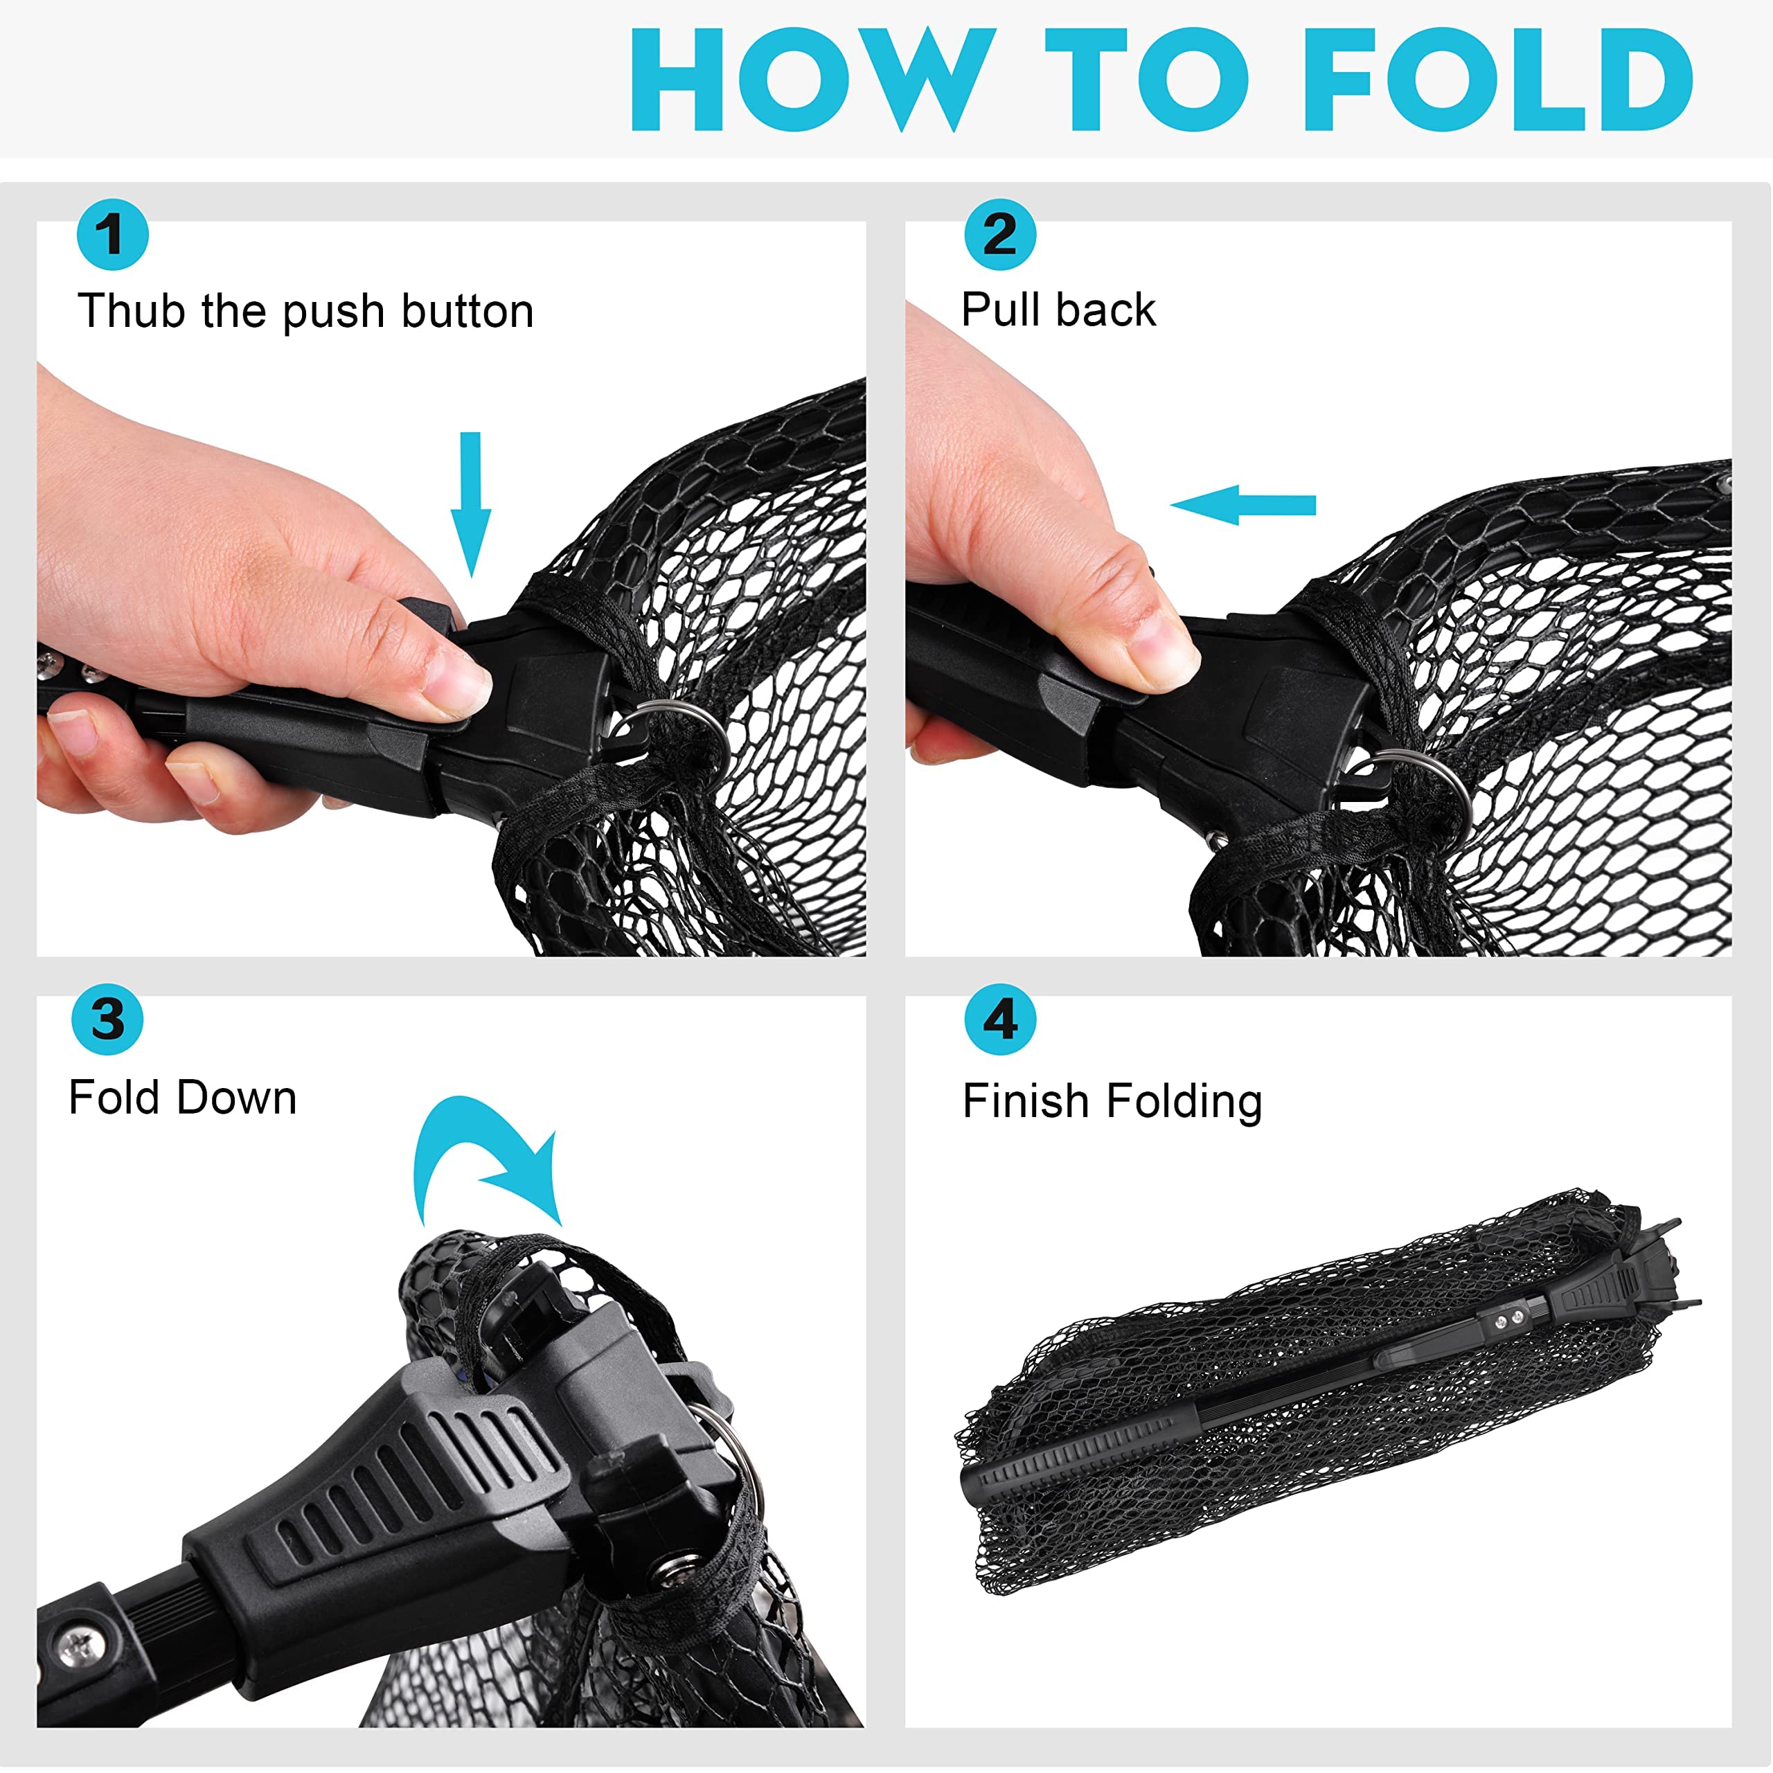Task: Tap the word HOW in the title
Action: pyautogui.click(x=813, y=80)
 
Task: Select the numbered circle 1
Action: pyautogui.click(x=112, y=234)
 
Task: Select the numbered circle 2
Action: pyautogui.click(x=999, y=234)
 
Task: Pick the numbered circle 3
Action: pyautogui.click(x=107, y=1019)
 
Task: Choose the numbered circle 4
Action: pyautogui.click(x=999, y=1019)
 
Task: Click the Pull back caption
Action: pyautogui.click(x=1058, y=310)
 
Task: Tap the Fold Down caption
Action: pyautogui.click(x=183, y=1098)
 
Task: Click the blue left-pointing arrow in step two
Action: pyautogui.click(x=1242, y=505)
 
